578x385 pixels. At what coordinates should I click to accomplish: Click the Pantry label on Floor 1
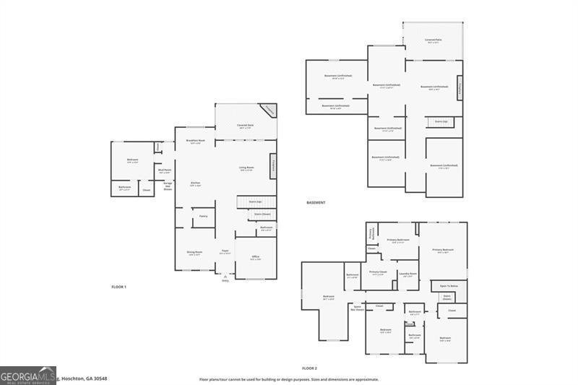204,216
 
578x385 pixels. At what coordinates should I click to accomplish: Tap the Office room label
255,257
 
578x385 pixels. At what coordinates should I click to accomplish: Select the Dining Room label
194,253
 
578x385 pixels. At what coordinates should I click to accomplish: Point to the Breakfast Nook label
195,142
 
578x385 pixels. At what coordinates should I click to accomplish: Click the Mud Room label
165,171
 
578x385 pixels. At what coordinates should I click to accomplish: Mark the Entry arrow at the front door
225,277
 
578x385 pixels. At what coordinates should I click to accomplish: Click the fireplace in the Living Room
273,165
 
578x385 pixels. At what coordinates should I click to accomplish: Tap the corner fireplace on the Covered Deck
268,111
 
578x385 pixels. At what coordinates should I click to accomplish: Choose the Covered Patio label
433,40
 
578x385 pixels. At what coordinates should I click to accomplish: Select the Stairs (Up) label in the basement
441,121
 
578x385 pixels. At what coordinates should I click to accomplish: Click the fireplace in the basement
460,87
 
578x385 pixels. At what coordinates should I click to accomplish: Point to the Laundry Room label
408,274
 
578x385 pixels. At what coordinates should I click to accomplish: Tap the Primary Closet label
378,273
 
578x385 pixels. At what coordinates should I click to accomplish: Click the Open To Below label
449,286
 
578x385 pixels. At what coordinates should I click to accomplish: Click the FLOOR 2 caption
309,368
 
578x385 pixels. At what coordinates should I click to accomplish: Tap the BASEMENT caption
315,202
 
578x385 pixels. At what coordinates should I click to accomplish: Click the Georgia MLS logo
28,375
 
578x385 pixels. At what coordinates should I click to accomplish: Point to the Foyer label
225,253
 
